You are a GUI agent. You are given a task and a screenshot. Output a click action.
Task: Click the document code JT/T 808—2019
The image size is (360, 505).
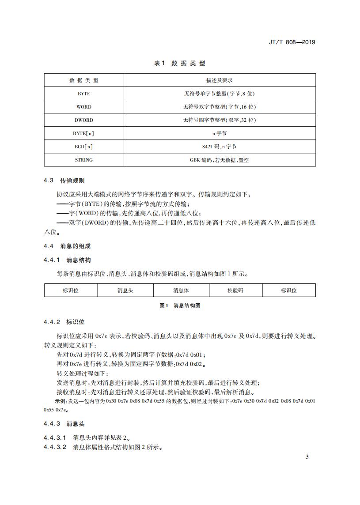coord(292,42)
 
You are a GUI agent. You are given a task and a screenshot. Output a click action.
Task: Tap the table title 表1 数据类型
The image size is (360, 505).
coord(179,64)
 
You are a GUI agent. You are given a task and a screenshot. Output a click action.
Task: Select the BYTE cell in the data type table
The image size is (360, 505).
coord(84,94)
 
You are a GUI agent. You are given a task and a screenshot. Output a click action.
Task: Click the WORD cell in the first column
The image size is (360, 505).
coord(84,107)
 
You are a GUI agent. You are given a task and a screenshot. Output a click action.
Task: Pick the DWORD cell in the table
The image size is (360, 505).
coord(84,120)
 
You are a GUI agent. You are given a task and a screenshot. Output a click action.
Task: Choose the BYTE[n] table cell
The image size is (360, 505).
coord(84,133)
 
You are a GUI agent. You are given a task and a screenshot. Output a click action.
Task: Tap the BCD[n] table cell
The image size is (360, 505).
coord(84,147)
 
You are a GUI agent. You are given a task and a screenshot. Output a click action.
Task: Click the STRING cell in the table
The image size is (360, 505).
coord(84,160)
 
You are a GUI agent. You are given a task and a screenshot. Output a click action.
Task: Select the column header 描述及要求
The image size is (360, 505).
coord(220,80)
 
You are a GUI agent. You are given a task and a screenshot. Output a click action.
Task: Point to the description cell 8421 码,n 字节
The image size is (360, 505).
coord(220,147)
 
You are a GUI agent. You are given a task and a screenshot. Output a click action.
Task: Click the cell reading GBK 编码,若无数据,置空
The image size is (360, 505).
coord(220,160)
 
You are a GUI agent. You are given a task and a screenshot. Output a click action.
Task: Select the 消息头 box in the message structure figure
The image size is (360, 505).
coord(125,290)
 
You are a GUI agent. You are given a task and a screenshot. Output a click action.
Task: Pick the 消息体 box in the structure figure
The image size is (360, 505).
coord(181,290)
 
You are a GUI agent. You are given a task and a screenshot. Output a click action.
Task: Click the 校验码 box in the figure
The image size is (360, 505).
coord(235,290)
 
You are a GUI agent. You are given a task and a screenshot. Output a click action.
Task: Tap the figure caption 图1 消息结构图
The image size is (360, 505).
coord(179,305)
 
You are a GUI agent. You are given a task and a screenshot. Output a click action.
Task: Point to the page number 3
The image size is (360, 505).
coord(307,456)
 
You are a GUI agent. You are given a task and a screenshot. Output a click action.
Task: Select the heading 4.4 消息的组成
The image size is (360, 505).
coord(67,246)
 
